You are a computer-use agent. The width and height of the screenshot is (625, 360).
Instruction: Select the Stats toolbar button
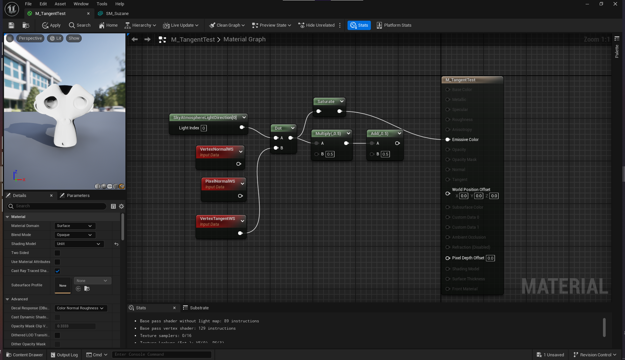point(359,25)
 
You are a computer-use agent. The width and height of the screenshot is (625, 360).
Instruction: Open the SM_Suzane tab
point(117,14)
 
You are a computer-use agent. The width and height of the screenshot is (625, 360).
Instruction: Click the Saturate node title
point(326,102)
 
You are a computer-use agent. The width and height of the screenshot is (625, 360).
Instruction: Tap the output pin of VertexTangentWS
point(240,233)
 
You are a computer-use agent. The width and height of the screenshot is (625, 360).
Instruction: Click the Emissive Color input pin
point(448,140)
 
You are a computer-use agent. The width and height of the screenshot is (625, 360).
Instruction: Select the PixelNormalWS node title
point(220,181)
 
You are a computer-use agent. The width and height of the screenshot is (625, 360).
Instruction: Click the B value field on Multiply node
point(330,154)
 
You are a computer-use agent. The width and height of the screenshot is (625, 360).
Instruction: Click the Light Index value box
point(203,128)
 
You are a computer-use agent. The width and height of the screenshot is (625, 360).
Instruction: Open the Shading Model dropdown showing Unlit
point(79,244)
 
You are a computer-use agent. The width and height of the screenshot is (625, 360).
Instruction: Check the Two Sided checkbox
point(57,253)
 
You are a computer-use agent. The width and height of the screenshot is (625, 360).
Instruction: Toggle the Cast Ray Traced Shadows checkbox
point(57,271)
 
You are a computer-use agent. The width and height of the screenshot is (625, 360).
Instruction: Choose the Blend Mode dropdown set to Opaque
point(75,235)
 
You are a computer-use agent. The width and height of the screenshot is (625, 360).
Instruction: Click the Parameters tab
point(78,196)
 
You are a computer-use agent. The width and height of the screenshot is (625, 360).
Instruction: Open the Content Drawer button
point(25,355)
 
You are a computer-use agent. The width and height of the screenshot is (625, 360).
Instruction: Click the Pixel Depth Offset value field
point(490,258)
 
